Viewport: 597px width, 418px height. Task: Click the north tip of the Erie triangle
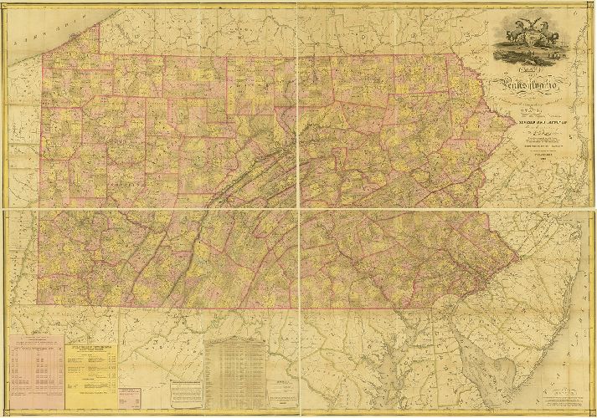click(x=99, y=24)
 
